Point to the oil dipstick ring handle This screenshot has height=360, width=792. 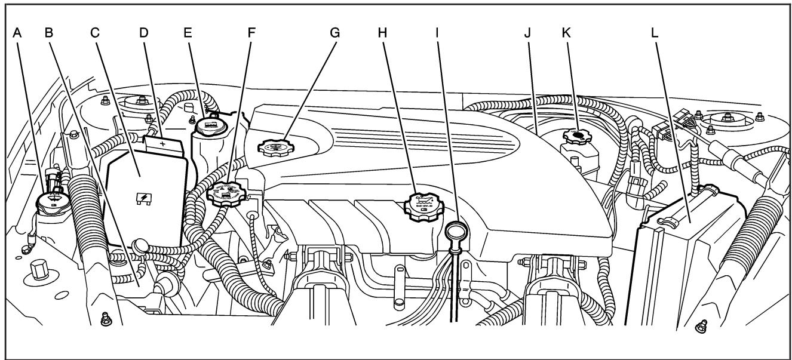[x=457, y=229]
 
